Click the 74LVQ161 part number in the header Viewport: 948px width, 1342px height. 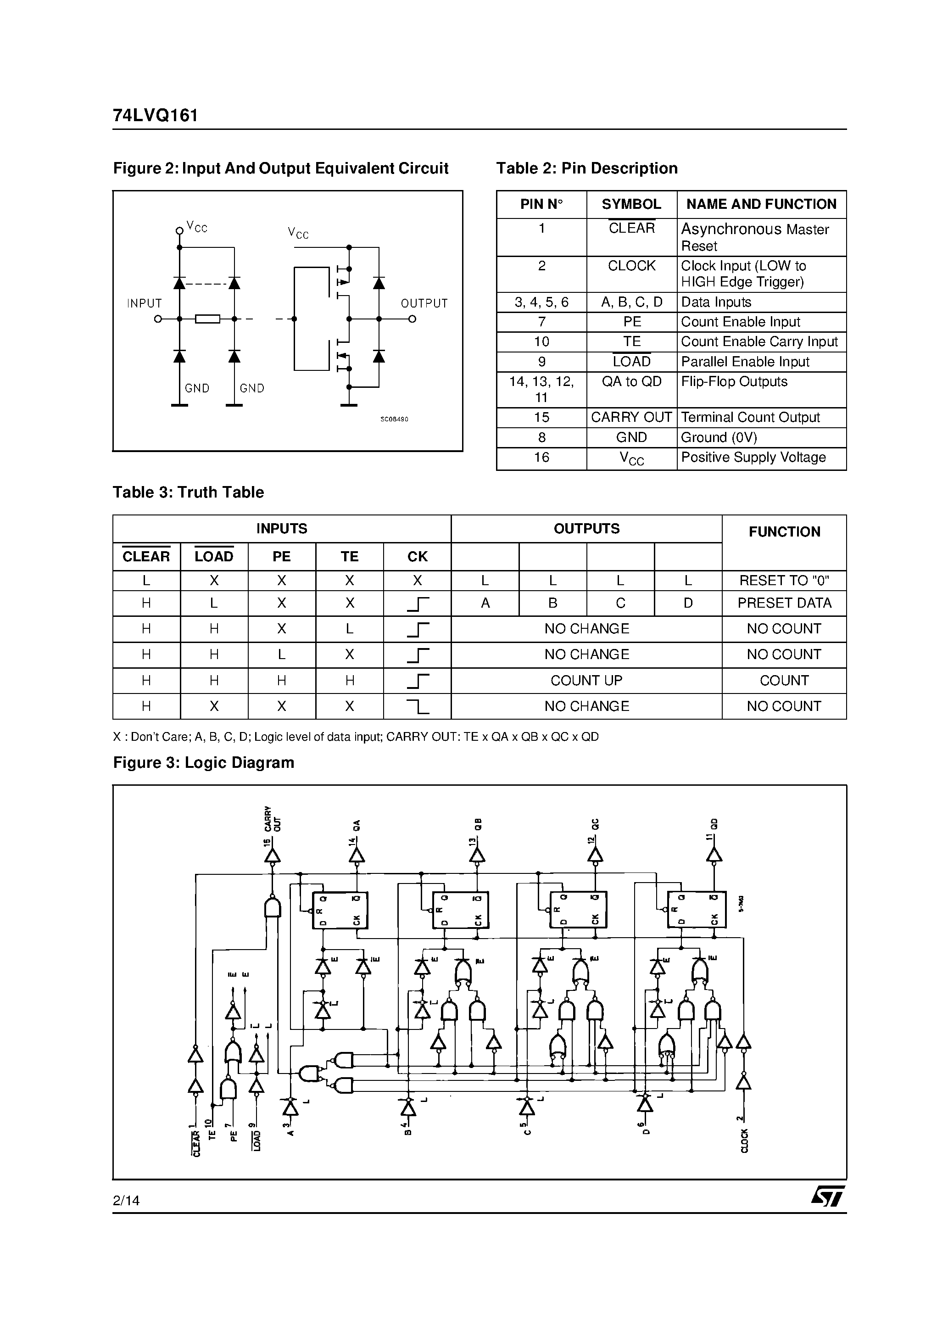tap(156, 116)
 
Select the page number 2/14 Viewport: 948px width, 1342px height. tap(126, 1201)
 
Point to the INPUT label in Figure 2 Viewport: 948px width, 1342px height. tap(145, 303)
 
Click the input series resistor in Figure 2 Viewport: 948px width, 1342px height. tap(207, 319)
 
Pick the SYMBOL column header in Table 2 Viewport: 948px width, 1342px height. tap(631, 205)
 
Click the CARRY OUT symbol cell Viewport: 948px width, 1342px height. tap(631, 417)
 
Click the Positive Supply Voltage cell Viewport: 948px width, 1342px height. tap(753, 458)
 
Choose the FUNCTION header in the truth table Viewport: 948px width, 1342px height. tap(784, 532)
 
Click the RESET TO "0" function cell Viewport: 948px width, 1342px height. tap(784, 581)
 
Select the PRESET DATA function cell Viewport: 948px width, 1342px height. tap(784, 603)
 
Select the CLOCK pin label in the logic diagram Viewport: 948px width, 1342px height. tap(744, 1141)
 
